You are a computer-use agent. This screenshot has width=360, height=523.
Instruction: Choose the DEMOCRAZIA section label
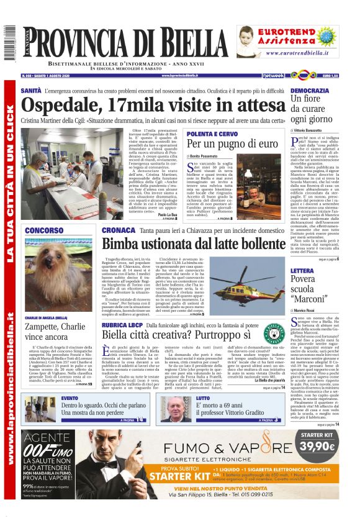309,91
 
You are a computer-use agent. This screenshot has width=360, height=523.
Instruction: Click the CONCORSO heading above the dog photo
44,231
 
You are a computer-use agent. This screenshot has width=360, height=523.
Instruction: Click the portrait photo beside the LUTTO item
176,408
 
